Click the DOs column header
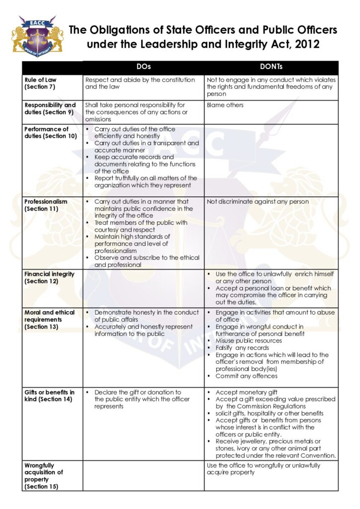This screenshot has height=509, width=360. pyautogui.click(x=143, y=67)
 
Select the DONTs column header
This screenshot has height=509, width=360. pyautogui.click(x=271, y=67)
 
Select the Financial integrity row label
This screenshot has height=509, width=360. pyautogui.click(x=49, y=277)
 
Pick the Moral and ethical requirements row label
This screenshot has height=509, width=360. pyautogui.click(x=50, y=320)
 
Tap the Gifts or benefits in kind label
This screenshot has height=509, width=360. pyautogui.click(x=50, y=396)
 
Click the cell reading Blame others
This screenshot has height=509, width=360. pyautogui.click(x=225, y=105)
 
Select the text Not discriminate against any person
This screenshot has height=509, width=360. pyautogui.click(x=258, y=202)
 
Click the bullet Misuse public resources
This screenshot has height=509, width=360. pyautogui.click(x=249, y=340)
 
